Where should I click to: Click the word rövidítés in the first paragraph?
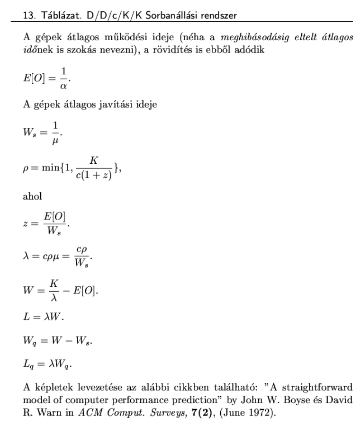tap(178, 51)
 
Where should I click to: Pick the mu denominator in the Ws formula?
tap(56, 141)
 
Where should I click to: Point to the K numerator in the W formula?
tap(54, 282)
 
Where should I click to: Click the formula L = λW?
tap(43, 316)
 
